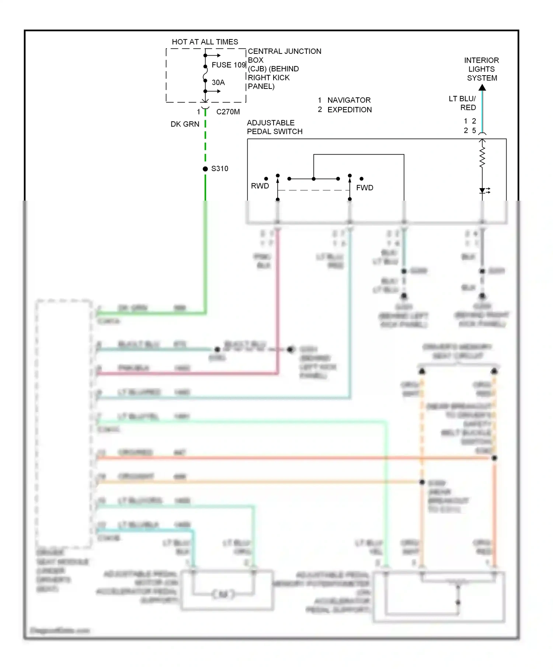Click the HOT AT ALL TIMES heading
click(x=205, y=42)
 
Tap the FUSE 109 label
click(x=228, y=65)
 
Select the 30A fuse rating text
click(x=218, y=82)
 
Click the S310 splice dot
click(x=205, y=169)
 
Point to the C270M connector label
click(x=228, y=112)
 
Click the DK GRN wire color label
click(x=185, y=124)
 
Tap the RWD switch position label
click(x=260, y=186)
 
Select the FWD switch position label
click(x=365, y=188)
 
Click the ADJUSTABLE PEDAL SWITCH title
click(x=274, y=127)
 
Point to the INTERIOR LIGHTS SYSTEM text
click(x=481, y=69)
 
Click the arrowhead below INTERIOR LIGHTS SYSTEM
click(x=482, y=88)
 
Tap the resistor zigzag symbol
click(x=482, y=158)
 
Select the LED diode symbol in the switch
click(x=483, y=190)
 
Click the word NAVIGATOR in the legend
click(x=349, y=100)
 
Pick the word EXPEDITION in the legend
click(x=349, y=110)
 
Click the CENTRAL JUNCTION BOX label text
click(x=284, y=69)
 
